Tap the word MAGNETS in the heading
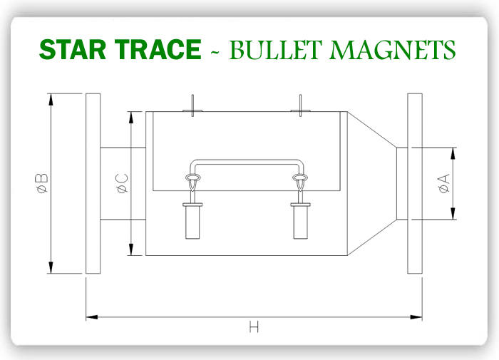(x=391, y=49)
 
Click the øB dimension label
(x=41, y=183)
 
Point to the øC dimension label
(x=121, y=183)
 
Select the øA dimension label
(x=443, y=183)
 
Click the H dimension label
(x=254, y=327)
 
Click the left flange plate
(x=93, y=183)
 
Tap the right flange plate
(x=415, y=183)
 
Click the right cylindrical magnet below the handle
(x=300, y=221)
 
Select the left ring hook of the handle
(x=192, y=179)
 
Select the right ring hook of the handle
(x=300, y=179)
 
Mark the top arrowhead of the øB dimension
(x=51, y=98)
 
